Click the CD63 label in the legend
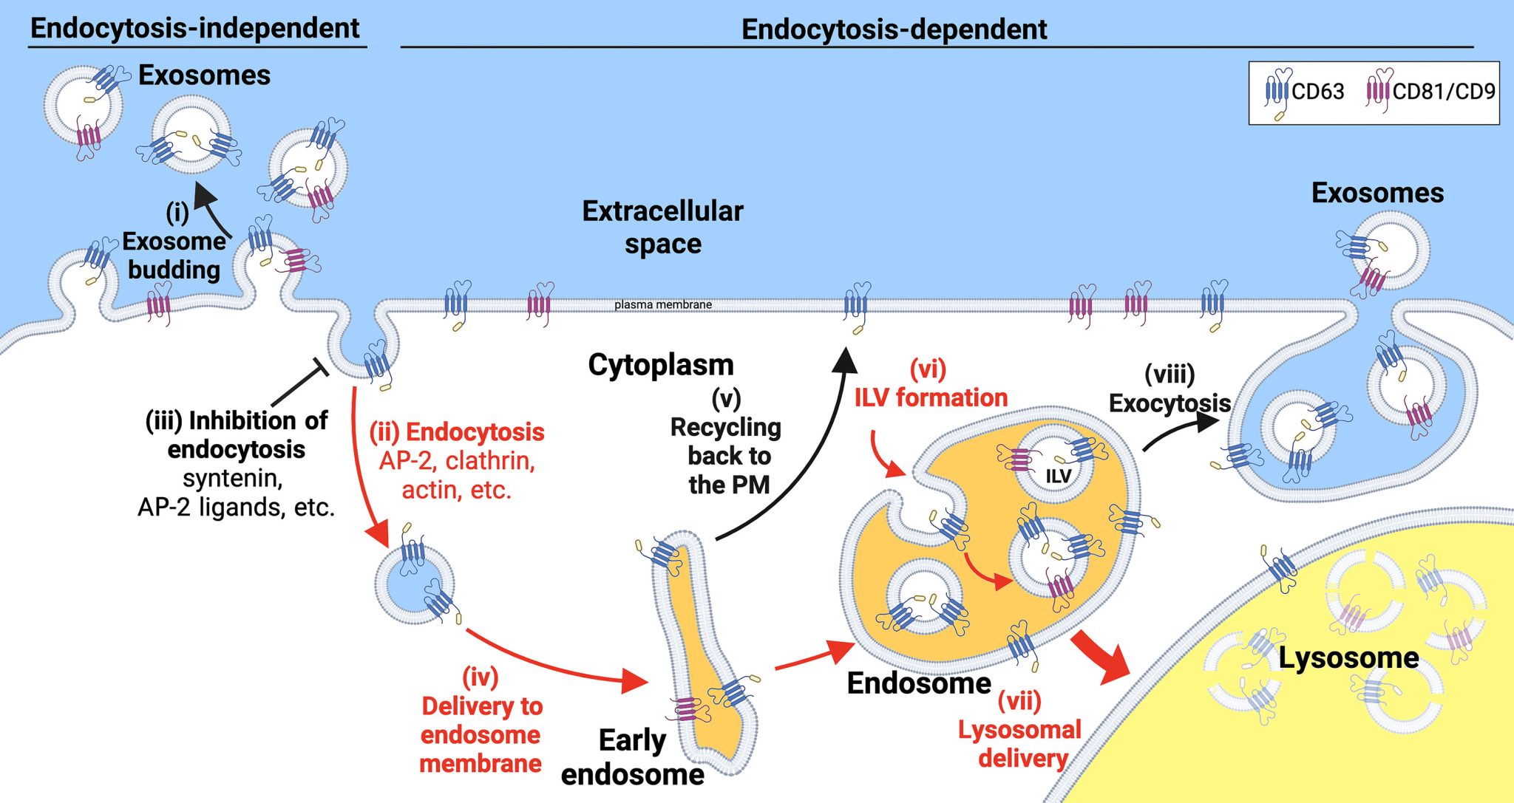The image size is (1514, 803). coord(1317,92)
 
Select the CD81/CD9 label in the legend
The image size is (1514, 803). coord(1443,92)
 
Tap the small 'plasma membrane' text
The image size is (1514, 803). coord(663,304)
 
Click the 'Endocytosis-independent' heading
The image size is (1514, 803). coord(195,28)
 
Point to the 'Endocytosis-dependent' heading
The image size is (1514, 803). coord(894,30)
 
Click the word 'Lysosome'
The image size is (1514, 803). coord(1348,657)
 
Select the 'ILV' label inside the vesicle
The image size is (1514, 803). coord(1058,476)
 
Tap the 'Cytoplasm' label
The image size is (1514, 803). coord(661,364)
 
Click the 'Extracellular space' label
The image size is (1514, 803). coord(662,227)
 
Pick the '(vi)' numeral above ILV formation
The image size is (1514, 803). coord(928,368)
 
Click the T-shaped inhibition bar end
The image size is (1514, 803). coord(320,367)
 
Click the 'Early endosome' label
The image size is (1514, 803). coord(633,757)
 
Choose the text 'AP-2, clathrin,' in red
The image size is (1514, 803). coord(457,460)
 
